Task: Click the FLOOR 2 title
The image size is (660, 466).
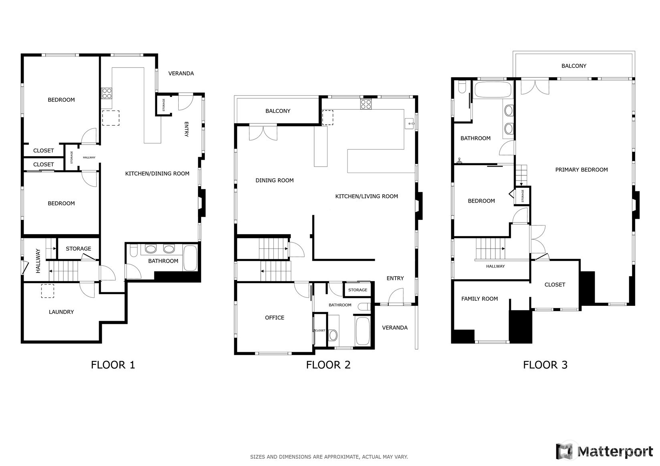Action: pyautogui.click(x=328, y=365)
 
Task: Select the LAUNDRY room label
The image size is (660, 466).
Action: pyautogui.click(x=61, y=312)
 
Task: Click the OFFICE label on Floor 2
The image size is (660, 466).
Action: pyautogui.click(x=274, y=317)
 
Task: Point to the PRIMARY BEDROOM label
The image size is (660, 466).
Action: pyautogui.click(x=581, y=170)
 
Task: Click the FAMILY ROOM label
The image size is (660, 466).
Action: pyautogui.click(x=479, y=299)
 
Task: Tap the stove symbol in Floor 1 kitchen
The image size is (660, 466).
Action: pyautogui.click(x=107, y=93)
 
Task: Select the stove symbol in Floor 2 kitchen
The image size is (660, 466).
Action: pyautogui.click(x=365, y=104)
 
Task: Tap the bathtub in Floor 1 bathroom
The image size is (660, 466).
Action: pyautogui.click(x=190, y=259)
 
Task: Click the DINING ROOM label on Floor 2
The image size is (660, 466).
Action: pyautogui.click(x=274, y=181)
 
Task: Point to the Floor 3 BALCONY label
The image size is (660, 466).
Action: pyautogui.click(x=573, y=66)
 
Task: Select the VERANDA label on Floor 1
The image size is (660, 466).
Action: pyautogui.click(x=181, y=74)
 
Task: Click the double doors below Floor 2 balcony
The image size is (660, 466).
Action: pyautogui.click(x=263, y=133)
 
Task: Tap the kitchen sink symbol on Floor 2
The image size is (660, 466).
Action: pyautogui.click(x=410, y=124)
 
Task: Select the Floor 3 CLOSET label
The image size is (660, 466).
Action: pyautogui.click(x=555, y=285)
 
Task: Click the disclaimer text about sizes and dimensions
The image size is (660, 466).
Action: pyautogui.click(x=329, y=456)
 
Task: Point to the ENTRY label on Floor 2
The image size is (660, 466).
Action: pyautogui.click(x=395, y=278)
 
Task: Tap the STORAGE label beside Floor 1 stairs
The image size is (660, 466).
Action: pyautogui.click(x=79, y=249)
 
